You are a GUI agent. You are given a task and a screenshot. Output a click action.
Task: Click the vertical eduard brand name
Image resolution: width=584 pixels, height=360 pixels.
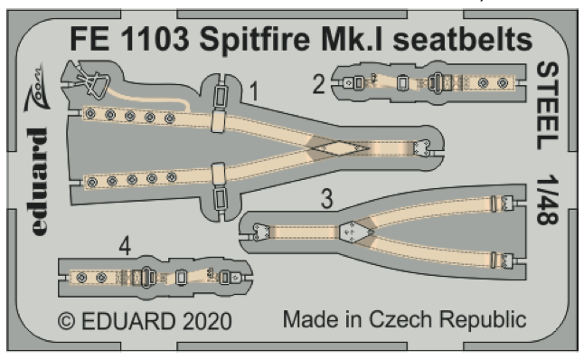(37, 181)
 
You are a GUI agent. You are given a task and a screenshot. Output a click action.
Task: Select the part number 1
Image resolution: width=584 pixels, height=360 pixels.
(255, 91)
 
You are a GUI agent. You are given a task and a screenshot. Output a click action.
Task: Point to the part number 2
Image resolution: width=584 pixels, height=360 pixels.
(318, 85)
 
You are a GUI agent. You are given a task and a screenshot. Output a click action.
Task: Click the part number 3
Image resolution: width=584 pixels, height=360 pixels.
(330, 197)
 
